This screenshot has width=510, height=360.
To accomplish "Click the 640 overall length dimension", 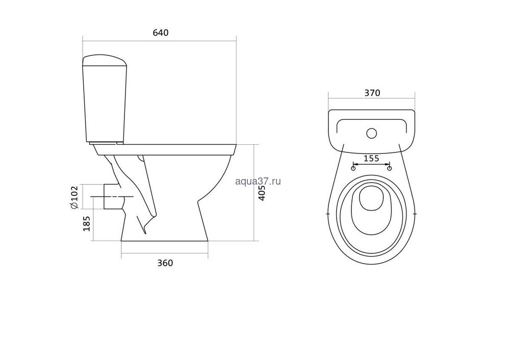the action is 161,33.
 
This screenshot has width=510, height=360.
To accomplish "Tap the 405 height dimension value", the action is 262,193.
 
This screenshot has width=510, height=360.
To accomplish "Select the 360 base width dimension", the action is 165,263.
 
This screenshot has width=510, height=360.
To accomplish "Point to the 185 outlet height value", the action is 87,223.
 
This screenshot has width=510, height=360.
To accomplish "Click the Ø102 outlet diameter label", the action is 74,197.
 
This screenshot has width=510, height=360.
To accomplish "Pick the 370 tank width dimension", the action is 372,93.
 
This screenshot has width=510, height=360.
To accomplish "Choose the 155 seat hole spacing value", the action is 371,159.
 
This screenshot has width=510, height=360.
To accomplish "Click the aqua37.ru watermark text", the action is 258,181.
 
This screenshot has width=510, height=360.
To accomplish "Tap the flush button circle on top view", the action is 371,133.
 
